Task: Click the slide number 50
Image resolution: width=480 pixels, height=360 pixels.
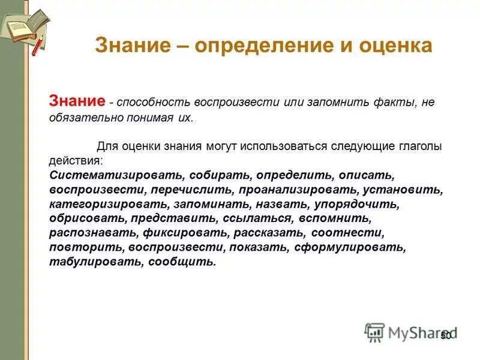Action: pos(445,335)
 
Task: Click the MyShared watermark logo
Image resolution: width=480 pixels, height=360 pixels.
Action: pos(410,332)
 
